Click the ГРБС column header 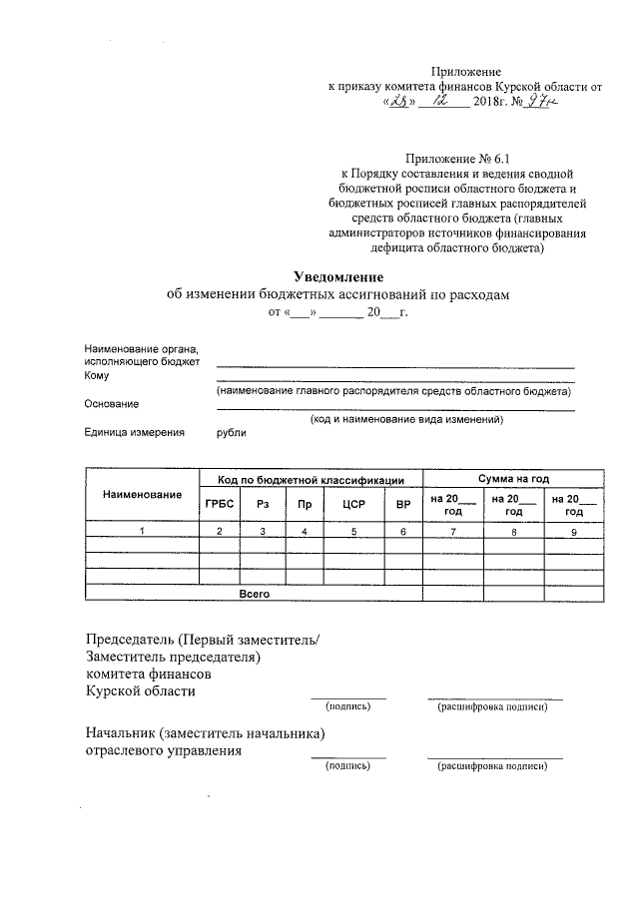219,504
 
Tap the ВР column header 402,504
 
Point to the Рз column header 263,504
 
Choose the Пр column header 305,504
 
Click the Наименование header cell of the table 142,495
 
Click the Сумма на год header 513,478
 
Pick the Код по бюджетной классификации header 311,479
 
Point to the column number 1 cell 142,532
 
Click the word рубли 231,433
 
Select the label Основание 112,404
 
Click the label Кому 97,376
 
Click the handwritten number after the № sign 540,101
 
